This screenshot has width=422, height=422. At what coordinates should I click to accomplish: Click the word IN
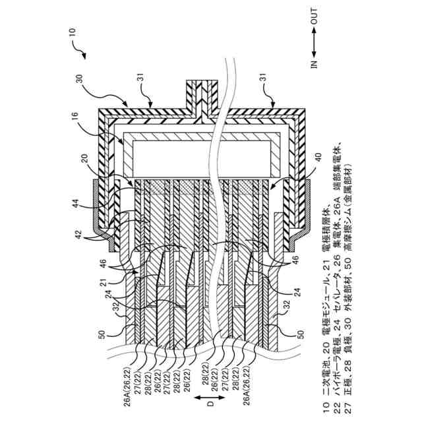(x=314, y=64)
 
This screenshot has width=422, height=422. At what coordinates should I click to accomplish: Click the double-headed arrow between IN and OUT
(x=314, y=41)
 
